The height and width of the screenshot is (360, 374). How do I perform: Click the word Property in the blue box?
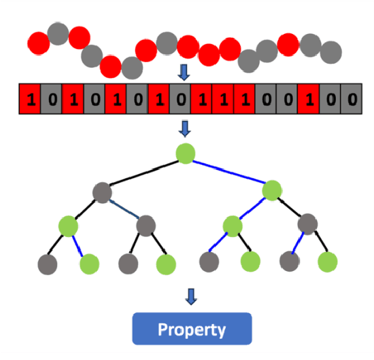point(191,330)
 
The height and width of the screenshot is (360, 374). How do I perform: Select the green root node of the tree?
point(185,154)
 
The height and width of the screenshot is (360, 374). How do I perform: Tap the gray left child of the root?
point(102,193)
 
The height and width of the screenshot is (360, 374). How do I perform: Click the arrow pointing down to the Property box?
point(191,296)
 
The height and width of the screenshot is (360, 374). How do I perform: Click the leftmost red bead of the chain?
point(39,44)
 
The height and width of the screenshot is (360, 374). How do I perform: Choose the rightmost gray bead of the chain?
point(330,51)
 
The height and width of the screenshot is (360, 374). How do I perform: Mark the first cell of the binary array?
point(29,98)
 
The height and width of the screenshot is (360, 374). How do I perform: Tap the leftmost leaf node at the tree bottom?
point(46,262)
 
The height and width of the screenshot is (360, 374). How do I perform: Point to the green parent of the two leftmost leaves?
point(68,225)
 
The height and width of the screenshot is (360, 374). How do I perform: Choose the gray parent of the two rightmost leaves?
point(307,223)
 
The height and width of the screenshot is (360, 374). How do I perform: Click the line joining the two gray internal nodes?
point(124,209)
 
